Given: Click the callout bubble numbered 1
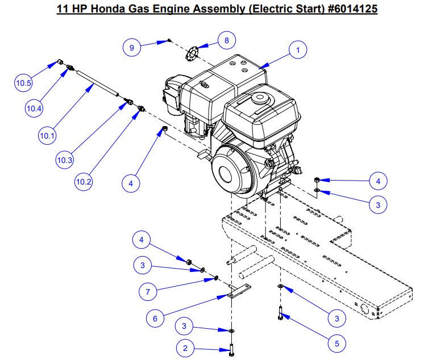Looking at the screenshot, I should (297, 50).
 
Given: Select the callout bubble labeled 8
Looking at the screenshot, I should (226, 41).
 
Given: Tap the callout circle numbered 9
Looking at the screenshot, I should (132, 48).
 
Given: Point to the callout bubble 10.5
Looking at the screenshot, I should (24, 83).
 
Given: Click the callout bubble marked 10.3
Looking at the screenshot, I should (64, 161).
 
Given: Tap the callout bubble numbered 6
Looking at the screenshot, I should (155, 319).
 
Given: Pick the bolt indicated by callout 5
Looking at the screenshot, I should (280, 312).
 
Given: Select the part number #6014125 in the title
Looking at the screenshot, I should (346, 9).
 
